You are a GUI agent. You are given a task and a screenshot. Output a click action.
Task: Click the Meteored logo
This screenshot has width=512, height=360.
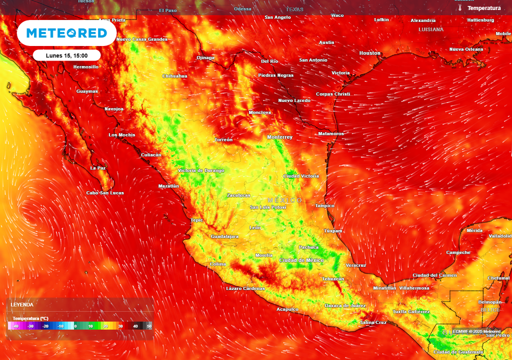[66, 33]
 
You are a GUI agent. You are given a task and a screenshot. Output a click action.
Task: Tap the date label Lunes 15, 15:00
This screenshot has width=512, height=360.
[66, 55]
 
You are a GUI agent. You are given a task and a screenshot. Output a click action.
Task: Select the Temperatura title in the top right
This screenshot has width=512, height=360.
[483, 8]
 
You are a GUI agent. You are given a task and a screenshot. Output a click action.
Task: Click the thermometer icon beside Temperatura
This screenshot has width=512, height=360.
[459, 8]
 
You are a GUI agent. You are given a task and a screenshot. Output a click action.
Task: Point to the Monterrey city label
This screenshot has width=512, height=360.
[279, 137]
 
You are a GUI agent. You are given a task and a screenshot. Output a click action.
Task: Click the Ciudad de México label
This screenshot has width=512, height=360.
[301, 260]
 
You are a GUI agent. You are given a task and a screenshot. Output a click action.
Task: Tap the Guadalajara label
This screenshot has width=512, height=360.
[224, 236]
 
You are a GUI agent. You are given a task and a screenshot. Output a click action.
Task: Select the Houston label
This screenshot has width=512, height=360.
[369, 53]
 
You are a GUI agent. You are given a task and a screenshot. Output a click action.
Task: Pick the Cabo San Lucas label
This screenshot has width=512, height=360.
[105, 193]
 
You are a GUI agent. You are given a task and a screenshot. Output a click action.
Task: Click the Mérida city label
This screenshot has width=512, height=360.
[474, 230]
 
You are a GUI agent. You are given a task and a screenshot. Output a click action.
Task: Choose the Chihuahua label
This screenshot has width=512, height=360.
[174, 76]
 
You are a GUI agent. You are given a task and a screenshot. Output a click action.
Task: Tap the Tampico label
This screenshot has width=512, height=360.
[324, 205]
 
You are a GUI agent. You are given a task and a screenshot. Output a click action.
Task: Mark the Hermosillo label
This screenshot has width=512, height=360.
[86, 66]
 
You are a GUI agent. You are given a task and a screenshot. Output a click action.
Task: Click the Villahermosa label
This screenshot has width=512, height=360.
[414, 288]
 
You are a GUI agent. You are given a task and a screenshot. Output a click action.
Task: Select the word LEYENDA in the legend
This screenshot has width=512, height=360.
[22, 304]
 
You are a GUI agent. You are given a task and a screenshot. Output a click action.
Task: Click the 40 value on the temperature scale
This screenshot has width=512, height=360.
[135, 326]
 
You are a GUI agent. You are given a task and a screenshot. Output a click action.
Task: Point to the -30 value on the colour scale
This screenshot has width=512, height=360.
[30, 326]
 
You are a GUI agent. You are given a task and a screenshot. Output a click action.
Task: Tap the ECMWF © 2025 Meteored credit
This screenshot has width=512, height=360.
[476, 331]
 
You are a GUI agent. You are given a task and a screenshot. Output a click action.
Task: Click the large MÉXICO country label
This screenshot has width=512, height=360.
[284, 200]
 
